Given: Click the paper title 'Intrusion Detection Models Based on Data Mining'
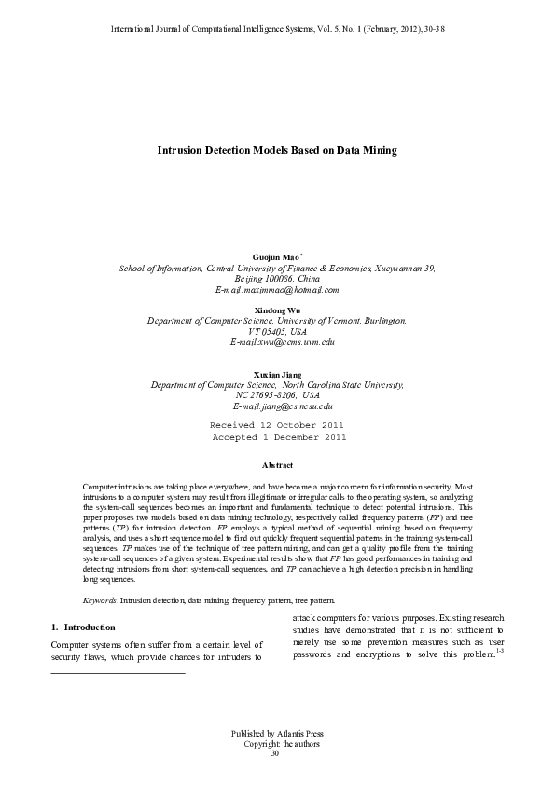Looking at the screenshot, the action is tap(277, 149).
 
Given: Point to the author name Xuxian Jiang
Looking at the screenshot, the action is tap(277, 374).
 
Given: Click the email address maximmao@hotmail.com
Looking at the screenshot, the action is tap(287, 289).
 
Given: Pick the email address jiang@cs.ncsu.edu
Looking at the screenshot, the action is tap(296, 406).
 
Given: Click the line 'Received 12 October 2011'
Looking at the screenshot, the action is tap(277, 424).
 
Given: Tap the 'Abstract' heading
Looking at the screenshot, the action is tap(278, 465).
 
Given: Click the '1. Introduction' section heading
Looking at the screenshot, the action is tap(83, 627).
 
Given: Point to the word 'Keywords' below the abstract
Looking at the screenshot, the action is tap(99, 600).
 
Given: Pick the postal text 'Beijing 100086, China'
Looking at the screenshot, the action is tap(277, 278).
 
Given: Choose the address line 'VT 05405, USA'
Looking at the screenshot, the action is tap(277, 330).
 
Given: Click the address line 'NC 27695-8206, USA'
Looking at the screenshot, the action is tap(277, 395).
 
